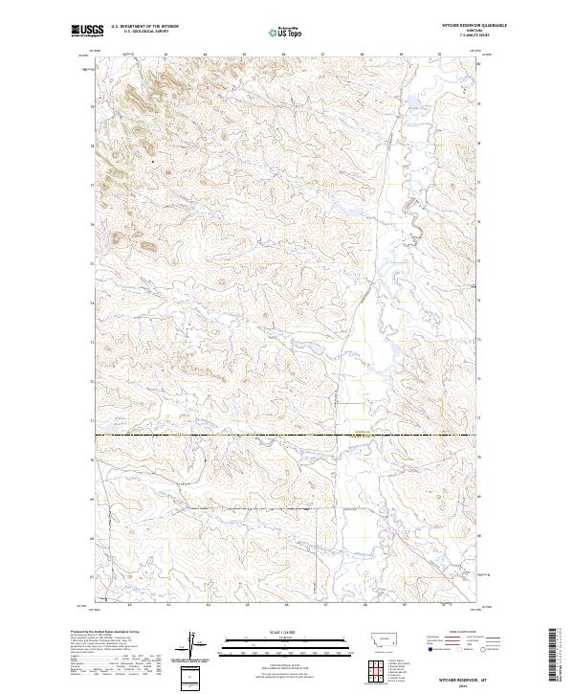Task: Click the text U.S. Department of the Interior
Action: (x=144, y=26)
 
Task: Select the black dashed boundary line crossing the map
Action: (x=287, y=436)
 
